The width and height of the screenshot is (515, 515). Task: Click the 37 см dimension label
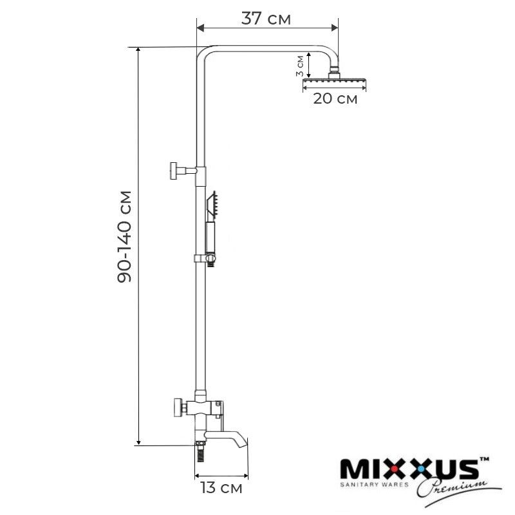pos(266,19)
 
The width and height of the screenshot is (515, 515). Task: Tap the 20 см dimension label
pos(335,98)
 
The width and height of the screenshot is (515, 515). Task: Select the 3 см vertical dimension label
pos(299,66)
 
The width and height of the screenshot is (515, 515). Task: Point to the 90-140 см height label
pos(124,236)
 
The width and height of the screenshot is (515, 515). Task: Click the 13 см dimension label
pos(221,488)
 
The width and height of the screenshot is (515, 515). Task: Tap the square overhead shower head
pos(334,80)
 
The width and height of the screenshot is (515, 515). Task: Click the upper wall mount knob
pos(174,171)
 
